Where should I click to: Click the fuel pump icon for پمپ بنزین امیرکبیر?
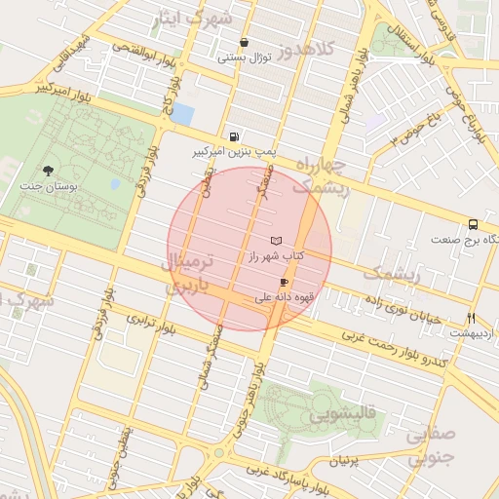point(233,137)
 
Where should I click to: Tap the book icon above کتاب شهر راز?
point(276,241)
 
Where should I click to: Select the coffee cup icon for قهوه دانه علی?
point(284,282)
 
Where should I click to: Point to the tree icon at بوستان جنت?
point(48,171)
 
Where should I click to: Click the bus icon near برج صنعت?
point(473,224)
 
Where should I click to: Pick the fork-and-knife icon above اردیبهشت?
point(472,319)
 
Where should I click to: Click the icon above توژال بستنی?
point(244,43)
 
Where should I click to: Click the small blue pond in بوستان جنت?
point(116,183)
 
